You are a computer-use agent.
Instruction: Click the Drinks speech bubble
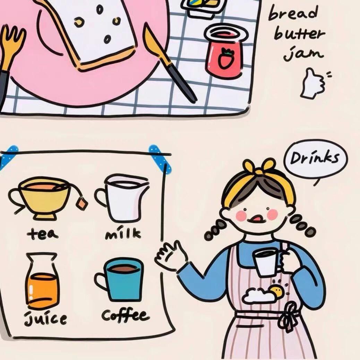(316, 160)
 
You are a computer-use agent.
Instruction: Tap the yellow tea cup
(40, 197)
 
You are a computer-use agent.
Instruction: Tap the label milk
(123, 233)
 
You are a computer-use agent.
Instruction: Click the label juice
(45, 318)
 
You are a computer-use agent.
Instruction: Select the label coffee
(126, 315)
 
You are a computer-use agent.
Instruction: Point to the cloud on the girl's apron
(259, 296)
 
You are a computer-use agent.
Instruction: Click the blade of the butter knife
(156, 43)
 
